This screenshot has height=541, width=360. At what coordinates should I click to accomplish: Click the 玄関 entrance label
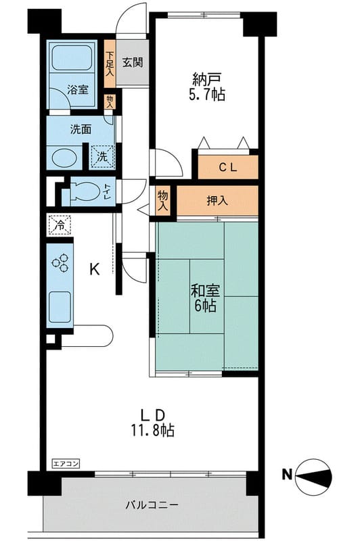133,62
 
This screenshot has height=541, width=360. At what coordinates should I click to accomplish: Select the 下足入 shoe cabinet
110,64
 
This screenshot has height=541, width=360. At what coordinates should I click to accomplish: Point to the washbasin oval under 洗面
64,158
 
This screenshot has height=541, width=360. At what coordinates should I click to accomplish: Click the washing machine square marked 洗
102,157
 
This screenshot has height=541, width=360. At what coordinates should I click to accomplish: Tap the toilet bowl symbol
84,191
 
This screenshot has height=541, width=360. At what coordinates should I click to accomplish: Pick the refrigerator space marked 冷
60,225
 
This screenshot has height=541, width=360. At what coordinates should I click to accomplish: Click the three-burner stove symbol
60,262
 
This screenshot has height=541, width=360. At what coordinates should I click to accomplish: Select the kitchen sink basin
60,307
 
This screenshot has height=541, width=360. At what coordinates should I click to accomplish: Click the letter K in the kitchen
95,269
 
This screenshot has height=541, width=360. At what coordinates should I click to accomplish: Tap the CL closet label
228,168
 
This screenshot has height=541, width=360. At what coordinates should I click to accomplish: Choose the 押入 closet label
217,201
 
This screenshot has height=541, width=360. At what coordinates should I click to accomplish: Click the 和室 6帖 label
205,298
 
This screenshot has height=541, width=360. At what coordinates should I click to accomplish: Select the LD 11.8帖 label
152,423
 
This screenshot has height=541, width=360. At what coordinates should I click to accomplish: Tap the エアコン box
66,463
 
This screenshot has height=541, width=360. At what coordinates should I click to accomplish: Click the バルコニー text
152,505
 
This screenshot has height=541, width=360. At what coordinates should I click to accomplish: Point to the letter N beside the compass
287,475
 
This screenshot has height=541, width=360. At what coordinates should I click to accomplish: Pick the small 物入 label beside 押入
162,200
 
